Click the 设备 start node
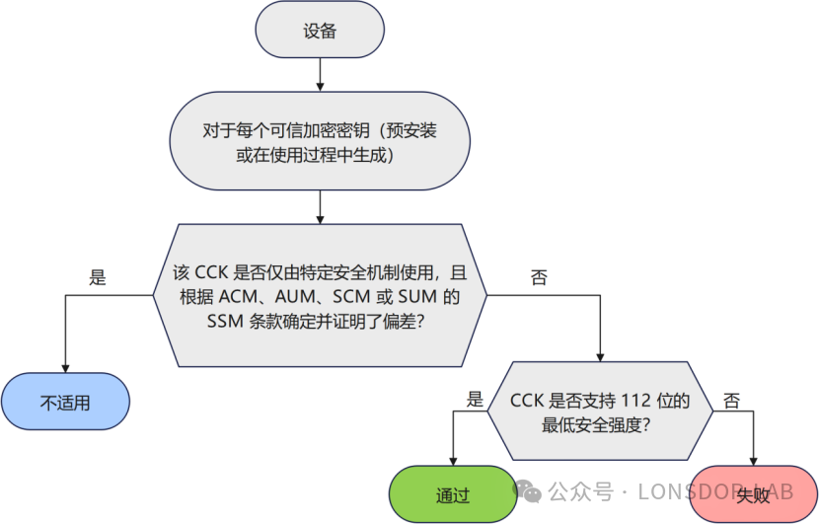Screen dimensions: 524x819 click(320, 31)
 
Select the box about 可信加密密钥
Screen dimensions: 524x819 click(320, 142)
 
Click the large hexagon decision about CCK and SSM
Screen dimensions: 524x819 click(320, 295)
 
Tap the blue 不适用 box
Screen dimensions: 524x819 click(65, 402)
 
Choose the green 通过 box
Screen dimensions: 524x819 click(453, 493)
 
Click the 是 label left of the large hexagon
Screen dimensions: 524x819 click(98, 278)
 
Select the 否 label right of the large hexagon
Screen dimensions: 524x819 click(539, 278)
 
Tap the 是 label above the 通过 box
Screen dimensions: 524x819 click(475, 400)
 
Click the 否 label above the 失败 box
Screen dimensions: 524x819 click(731, 400)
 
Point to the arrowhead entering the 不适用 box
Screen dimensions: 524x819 click(65, 367)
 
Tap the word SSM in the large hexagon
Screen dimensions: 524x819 click(228, 320)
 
